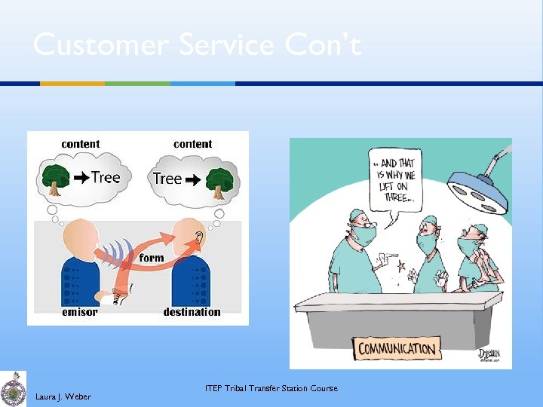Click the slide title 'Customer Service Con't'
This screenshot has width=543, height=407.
click(197, 45)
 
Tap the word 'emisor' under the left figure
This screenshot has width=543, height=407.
click(78, 312)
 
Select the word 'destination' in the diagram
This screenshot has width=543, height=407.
click(192, 312)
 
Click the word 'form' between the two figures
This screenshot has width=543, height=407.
click(152, 258)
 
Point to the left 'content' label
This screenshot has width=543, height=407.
click(80, 144)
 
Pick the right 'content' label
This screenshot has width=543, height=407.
click(192, 144)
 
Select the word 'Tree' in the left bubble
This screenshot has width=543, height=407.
click(106, 178)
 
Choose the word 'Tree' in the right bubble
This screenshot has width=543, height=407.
click(167, 179)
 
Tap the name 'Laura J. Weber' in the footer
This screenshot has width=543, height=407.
click(63, 396)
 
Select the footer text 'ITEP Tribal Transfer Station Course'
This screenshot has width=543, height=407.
click(271, 388)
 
